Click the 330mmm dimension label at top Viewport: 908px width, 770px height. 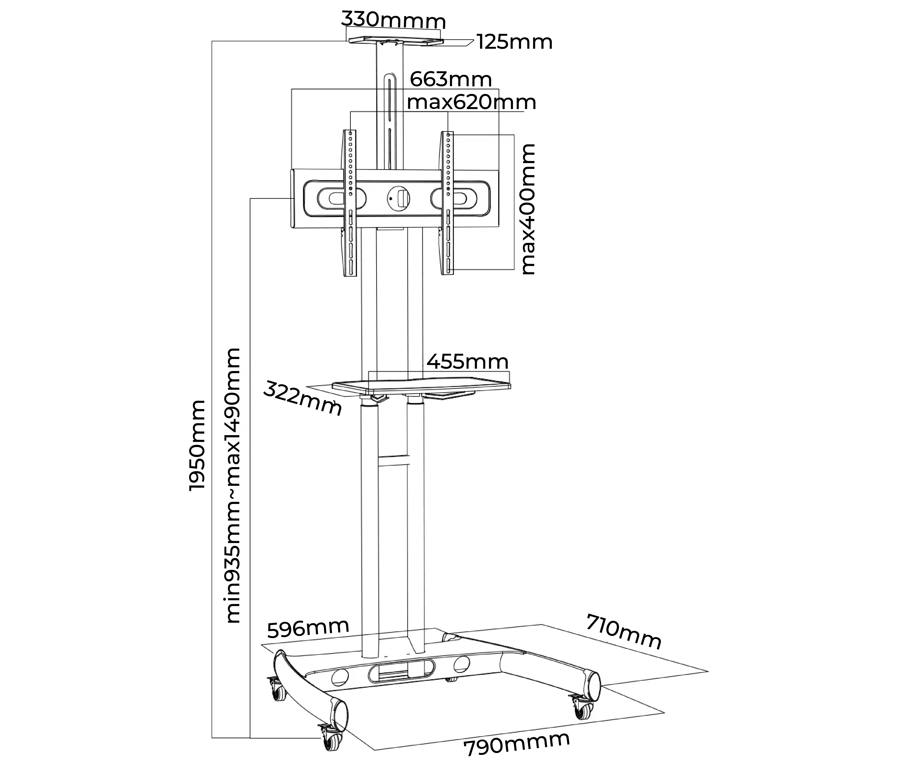[393, 20]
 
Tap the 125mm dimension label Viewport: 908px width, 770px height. [514, 42]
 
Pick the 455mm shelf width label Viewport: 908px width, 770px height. [467, 362]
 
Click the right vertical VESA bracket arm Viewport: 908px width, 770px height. [447, 203]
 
